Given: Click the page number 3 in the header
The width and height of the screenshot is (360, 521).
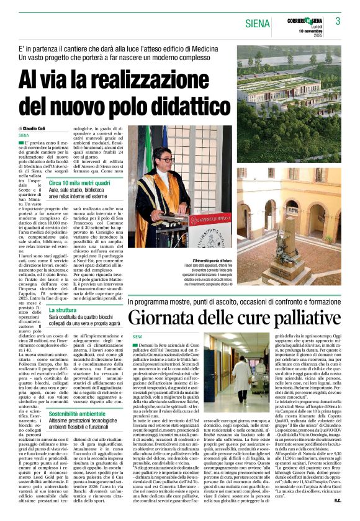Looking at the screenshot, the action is (338, 21).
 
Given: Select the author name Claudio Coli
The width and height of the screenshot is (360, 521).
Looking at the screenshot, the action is (40, 128).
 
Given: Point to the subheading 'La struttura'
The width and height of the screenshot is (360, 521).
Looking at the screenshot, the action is (63, 309).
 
